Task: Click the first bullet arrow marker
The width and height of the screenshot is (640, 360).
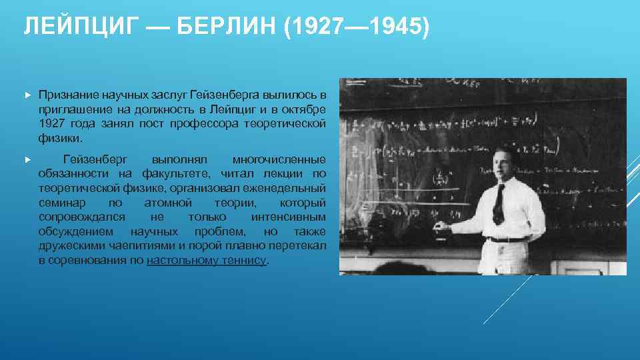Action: pyautogui.click(x=27, y=96)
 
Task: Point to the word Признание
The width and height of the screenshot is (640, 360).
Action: pyautogui.click(x=65, y=96)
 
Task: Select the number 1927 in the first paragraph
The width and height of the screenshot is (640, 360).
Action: pyautogui.click(x=53, y=124)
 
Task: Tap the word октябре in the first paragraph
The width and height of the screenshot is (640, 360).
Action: pyautogui.click(x=305, y=110)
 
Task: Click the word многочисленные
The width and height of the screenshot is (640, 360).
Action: pyautogui.click(x=279, y=160)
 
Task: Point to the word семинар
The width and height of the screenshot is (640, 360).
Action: pyautogui.click(x=61, y=203)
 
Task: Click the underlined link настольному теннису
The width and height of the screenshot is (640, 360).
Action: pyautogui.click(x=206, y=261)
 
